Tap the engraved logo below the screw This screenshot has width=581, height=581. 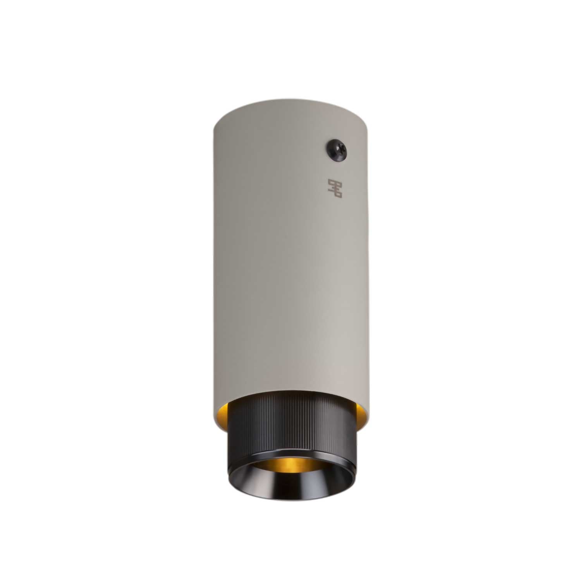pos(335,188)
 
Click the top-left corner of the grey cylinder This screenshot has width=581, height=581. pos(217,116)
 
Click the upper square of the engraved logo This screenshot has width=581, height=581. pos(332,182)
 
